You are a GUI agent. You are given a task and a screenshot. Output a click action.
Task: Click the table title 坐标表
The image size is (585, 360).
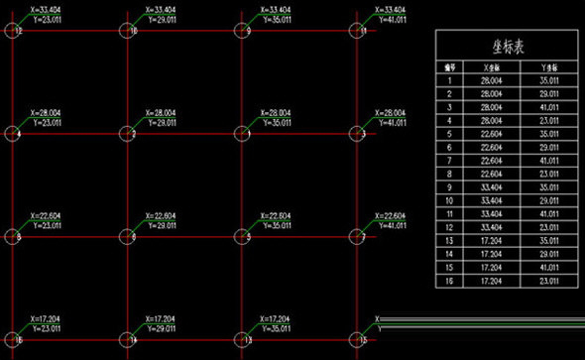pos(508,46)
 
